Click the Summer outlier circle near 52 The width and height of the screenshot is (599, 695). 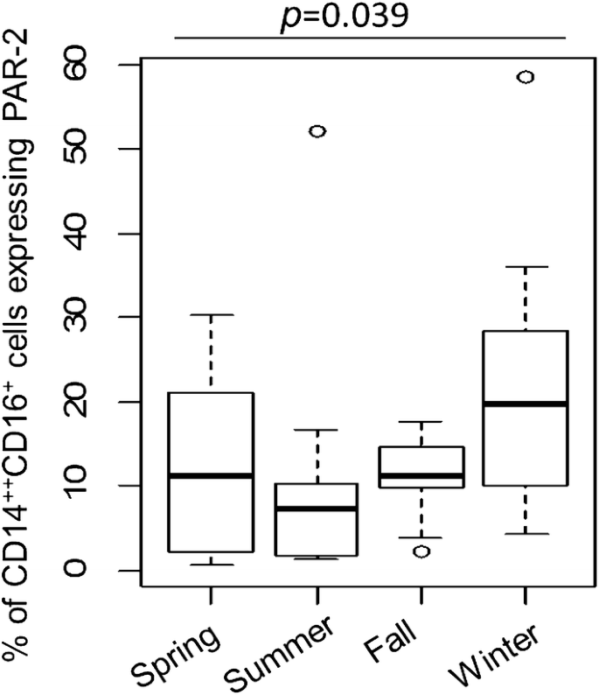[x=317, y=131]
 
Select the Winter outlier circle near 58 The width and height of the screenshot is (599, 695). [x=526, y=77]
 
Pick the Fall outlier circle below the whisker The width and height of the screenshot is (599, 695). [x=421, y=551]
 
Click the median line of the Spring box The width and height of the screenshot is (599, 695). [x=211, y=475]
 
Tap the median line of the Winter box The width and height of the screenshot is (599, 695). [x=526, y=404]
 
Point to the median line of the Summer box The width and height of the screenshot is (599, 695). [x=317, y=508]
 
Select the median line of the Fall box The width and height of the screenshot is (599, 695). [x=421, y=476]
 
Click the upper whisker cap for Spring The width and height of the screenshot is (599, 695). [x=211, y=314]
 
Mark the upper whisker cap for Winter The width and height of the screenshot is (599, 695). [x=526, y=266]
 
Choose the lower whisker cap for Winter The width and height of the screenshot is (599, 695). [x=526, y=534]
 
